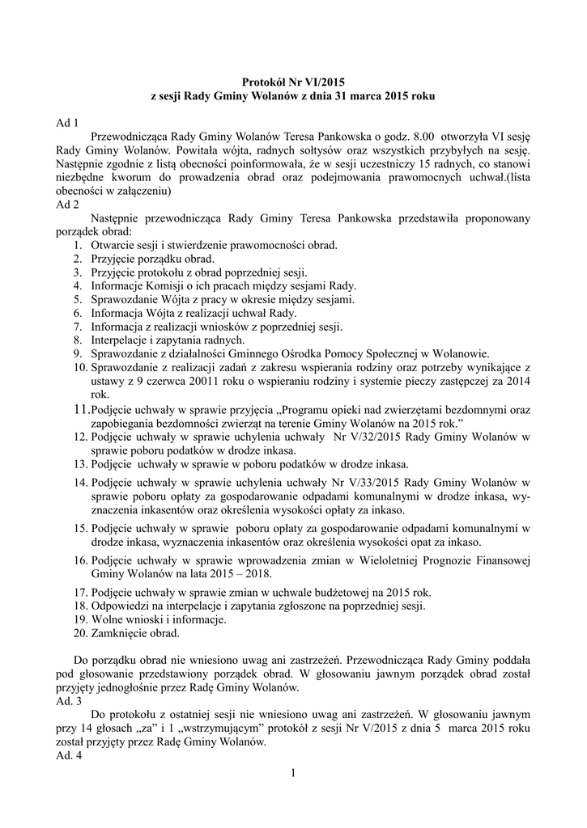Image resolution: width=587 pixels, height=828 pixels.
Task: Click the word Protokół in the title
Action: coord(264,82)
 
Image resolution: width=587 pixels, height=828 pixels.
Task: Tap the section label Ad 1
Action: coord(67,124)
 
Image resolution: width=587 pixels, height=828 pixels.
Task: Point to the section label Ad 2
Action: coord(67,205)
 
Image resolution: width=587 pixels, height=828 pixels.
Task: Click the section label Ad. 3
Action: coord(69,702)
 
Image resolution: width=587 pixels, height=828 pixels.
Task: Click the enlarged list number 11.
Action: coord(81,410)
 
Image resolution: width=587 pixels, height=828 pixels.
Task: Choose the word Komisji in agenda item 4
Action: coord(166,285)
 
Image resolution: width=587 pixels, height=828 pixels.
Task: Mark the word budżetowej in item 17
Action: coord(343,592)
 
